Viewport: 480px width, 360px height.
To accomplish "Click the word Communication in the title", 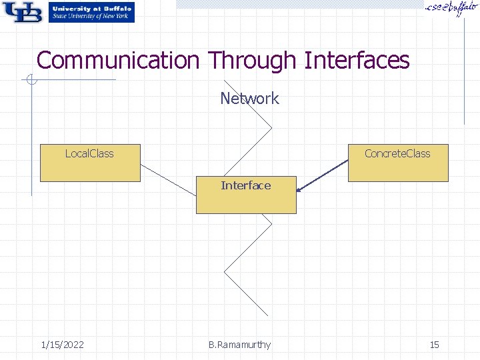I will tap(117, 61).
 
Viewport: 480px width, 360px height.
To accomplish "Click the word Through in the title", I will tap(251, 61).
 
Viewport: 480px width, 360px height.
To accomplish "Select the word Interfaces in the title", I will tap(356, 61).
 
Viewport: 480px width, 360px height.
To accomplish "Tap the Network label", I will tap(249, 99).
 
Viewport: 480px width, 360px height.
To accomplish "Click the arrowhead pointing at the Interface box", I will tap(299, 190).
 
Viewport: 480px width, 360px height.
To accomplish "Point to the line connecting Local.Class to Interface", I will tap(169, 179).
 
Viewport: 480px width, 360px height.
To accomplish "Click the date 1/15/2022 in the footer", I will tap(62, 345).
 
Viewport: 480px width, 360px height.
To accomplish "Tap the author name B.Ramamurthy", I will tap(239, 345).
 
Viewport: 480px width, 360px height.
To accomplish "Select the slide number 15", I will tap(434, 345).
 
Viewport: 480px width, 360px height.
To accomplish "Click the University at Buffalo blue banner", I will tap(91, 12).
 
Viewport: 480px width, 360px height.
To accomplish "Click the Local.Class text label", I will tap(89, 154).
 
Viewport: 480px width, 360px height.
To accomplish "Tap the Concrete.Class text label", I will tap(397, 154).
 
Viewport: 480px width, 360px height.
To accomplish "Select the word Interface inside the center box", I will tap(246, 185).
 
